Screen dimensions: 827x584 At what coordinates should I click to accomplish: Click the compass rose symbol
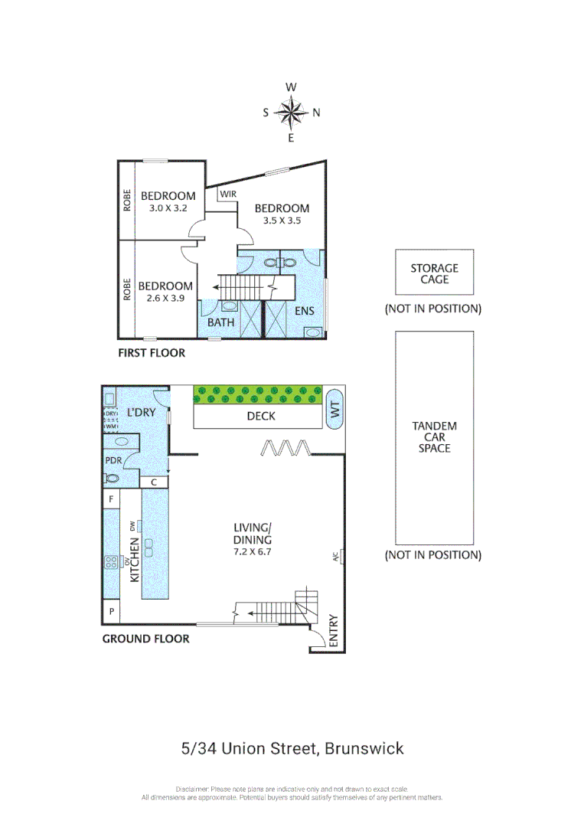291,113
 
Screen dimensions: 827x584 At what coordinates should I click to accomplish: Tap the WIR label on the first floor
228,194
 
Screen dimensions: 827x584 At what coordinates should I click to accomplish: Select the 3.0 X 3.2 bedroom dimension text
168,208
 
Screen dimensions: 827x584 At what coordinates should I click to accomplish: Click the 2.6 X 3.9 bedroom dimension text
165,298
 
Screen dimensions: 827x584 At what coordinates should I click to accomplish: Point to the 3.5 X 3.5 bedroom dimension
282,221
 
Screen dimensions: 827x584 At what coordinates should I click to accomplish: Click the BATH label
220,322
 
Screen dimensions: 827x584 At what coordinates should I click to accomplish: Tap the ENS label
304,311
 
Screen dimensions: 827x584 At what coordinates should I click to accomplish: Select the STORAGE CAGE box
434,273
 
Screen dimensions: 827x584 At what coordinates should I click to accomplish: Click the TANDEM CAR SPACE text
434,437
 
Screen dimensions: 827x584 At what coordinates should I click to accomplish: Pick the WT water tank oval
334,410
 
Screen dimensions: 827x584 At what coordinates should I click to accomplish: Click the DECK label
261,417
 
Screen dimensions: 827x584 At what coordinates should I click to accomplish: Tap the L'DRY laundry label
141,412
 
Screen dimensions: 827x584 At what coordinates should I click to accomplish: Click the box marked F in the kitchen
111,499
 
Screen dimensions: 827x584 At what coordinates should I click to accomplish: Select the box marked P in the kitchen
111,611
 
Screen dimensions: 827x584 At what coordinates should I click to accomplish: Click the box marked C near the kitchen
154,482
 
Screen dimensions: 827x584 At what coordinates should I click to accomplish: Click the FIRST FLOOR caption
151,353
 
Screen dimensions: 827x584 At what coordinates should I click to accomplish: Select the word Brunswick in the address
364,748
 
